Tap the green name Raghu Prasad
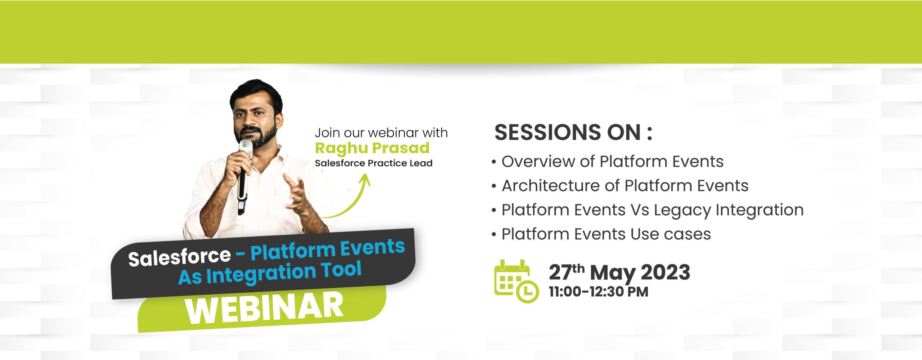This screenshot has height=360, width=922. click(x=372, y=148)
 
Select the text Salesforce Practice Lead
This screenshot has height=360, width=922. click(x=373, y=163)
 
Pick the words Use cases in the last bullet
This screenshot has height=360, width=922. click(x=671, y=234)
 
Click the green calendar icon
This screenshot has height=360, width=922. click(x=516, y=281)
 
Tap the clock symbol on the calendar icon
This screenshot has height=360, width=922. click(x=528, y=291)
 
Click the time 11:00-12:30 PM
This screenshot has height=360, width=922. click(x=598, y=292)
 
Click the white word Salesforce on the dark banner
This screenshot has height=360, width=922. click(x=179, y=257)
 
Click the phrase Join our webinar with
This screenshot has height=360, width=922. click(x=381, y=133)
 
